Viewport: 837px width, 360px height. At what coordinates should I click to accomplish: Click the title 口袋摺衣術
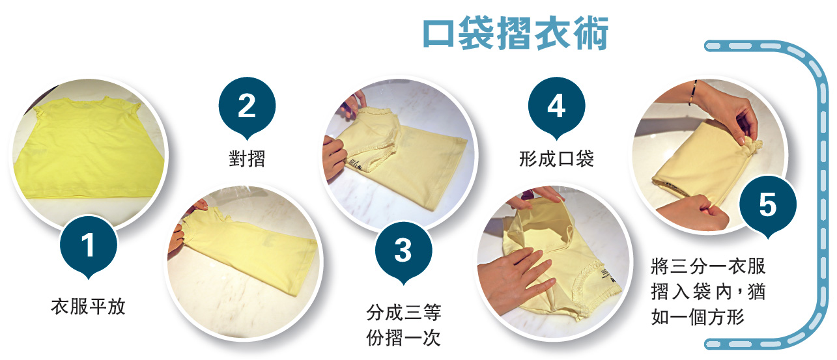(515, 34)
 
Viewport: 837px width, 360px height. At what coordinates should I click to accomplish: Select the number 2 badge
(246, 107)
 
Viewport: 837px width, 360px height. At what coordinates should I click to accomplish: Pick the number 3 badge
(403, 251)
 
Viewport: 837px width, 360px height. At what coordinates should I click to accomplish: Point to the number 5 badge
(767, 206)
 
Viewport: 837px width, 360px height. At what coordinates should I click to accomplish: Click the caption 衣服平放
(88, 307)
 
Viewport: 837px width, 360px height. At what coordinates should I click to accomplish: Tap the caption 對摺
(248, 158)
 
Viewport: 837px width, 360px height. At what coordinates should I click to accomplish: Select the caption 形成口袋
(556, 158)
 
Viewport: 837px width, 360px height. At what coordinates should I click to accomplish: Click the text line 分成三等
(403, 313)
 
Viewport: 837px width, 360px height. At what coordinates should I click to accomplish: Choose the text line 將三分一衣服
(708, 267)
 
